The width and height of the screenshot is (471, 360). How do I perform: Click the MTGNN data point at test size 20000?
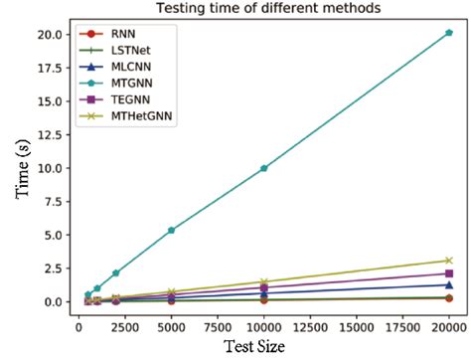point(448,33)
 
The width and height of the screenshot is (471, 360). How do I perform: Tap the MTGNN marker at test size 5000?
point(172,230)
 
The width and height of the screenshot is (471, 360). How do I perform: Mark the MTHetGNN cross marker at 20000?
point(448,261)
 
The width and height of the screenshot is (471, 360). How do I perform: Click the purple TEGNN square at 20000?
point(448,273)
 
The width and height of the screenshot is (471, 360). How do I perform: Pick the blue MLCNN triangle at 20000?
point(448,285)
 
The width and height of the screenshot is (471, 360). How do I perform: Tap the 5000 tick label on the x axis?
point(172,324)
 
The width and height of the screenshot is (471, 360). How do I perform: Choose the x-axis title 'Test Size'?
point(262,346)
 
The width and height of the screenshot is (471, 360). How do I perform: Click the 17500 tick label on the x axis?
point(401,324)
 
